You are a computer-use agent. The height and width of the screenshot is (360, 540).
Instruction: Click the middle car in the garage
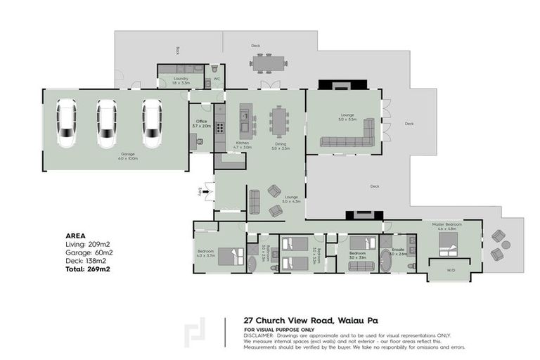tap(106, 123)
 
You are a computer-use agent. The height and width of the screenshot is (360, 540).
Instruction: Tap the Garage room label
tap(128, 155)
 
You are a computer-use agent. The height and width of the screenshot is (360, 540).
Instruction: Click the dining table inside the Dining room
tap(281, 121)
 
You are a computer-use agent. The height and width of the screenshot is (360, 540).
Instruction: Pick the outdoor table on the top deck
tap(269, 64)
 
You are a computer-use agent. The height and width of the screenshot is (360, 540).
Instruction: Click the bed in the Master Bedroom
tap(448, 247)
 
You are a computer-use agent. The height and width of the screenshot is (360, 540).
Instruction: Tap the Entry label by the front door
tap(201, 191)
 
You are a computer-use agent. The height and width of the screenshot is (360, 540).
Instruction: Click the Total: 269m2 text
tap(87, 269)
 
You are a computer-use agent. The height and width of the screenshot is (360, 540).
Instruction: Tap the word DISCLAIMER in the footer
tap(259, 335)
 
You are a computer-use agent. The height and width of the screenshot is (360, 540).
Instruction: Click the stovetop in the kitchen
tap(219, 128)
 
